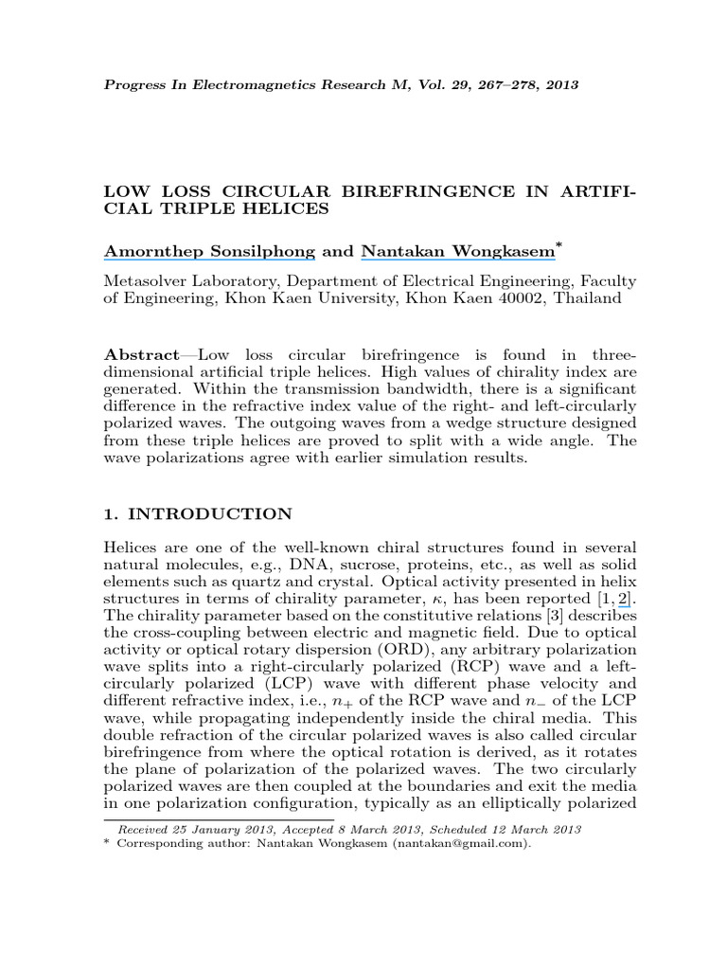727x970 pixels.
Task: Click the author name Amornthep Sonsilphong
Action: [x=208, y=251]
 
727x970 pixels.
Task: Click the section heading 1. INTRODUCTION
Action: [x=198, y=514]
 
